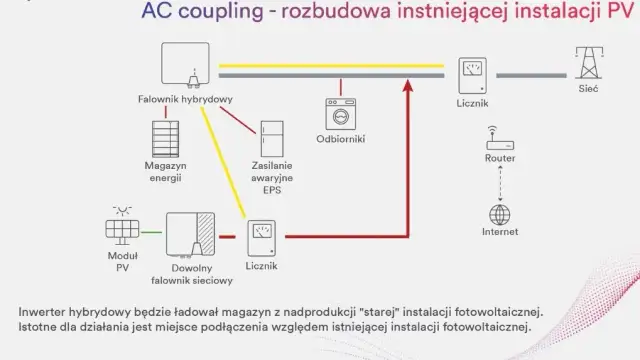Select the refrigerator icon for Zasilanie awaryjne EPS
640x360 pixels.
[x=271, y=141]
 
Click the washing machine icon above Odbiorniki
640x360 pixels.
[x=340, y=112]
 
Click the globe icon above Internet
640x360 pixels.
[x=499, y=214]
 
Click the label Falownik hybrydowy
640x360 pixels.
[x=186, y=99]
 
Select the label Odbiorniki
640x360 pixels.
[x=340, y=138]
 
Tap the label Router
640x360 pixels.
[x=499, y=158]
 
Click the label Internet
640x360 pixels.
[x=499, y=233]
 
